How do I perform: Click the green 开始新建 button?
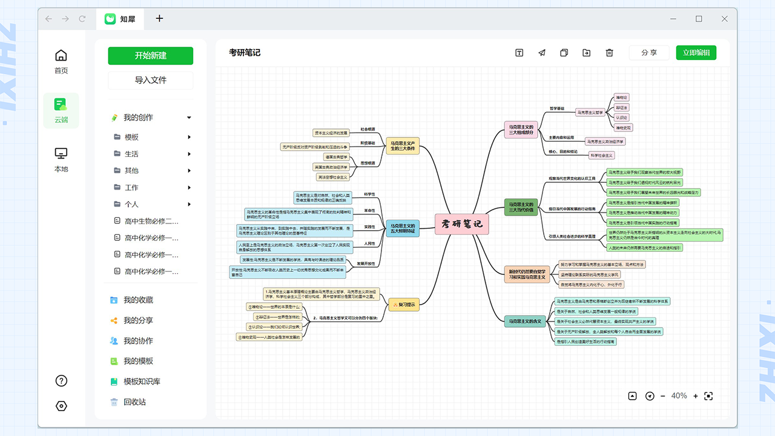(x=150, y=56)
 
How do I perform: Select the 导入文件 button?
(x=150, y=80)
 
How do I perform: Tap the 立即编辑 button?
(x=696, y=53)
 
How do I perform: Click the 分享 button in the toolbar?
(x=649, y=53)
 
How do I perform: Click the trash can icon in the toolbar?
(x=610, y=53)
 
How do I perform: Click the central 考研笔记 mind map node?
(x=462, y=224)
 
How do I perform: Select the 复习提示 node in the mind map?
(x=403, y=305)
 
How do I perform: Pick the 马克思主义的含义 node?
(x=525, y=321)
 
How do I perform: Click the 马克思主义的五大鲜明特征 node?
(x=403, y=228)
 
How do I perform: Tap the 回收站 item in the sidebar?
(x=134, y=402)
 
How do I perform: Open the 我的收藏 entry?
(x=138, y=300)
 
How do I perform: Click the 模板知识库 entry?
(x=142, y=381)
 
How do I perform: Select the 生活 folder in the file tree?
(x=131, y=154)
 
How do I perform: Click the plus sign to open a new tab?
(x=159, y=18)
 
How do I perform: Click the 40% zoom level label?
(x=679, y=396)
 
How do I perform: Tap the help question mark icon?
(x=61, y=381)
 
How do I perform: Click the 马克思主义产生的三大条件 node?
(x=403, y=145)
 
